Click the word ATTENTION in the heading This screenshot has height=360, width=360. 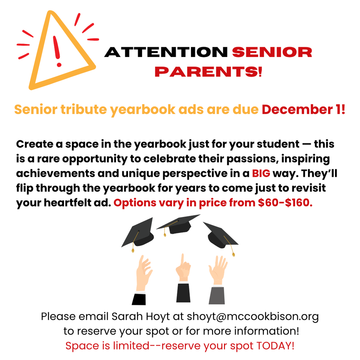tap(166, 52)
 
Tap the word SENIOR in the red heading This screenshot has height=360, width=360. tap(272, 52)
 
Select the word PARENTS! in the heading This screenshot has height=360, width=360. tap(208, 72)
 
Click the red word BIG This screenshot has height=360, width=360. tap(261, 174)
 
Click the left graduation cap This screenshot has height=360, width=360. tap(139, 233)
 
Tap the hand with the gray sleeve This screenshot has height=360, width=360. tap(217, 281)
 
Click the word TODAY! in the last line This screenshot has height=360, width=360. tap(276, 345)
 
